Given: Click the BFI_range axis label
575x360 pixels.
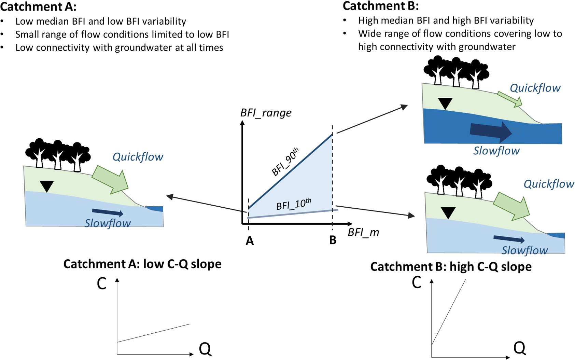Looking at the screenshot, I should pyautogui.click(x=266, y=113).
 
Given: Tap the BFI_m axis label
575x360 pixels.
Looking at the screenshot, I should pyautogui.click(x=363, y=233).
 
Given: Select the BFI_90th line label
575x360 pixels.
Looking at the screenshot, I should pyautogui.click(x=285, y=162).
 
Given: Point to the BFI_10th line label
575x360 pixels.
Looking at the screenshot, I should pyautogui.click(x=294, y=204).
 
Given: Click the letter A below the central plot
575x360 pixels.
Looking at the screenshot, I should pyautogui.click(x=250, y=241).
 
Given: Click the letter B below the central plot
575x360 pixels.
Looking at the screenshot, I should pyautogui.click(x=333, y=240).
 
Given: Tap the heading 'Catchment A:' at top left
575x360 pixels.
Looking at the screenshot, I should pyautogui.click(x=38, y=6).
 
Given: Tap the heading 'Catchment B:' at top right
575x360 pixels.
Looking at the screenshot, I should pyautogui.click(x=381, y=6).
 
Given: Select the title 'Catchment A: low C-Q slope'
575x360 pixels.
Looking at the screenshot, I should pyautogui.click(x=142, y=264).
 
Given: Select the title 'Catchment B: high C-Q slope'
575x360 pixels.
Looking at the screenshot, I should pyautogui.click(x=451, y=267).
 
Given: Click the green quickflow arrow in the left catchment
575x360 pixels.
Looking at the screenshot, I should pyautogui.click(x=111, y=179).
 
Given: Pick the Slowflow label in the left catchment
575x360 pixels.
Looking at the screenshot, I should pyautogui.click(x=108, y=223).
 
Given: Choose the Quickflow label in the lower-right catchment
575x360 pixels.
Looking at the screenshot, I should pyautogui.click(x=549, y=184).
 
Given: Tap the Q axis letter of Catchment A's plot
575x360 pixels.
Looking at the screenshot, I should pyautogui.click(x=205, y=349).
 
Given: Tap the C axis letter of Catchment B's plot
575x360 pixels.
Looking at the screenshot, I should pyautogui.click(x=417, y=283).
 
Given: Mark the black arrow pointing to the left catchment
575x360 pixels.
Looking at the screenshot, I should pyautogui.click(x=205, y=204).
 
